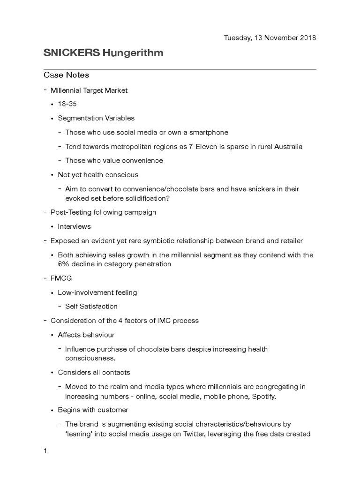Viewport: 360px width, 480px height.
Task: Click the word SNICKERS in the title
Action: (x=71, y=53)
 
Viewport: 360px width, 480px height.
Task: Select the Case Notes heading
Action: (x=66, y=75)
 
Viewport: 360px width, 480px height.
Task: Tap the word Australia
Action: (x=287, y=146)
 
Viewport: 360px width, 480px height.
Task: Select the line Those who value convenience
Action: (x=114, y=160)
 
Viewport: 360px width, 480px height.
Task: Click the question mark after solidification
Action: (x=168, y=198)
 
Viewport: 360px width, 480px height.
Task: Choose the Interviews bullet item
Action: (x=74, y=226)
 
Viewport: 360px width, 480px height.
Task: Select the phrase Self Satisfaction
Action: (x=91, y=307)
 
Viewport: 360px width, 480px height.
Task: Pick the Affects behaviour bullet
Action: (x=86, y=335)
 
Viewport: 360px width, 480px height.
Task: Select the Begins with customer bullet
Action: (x=93, y=410)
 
